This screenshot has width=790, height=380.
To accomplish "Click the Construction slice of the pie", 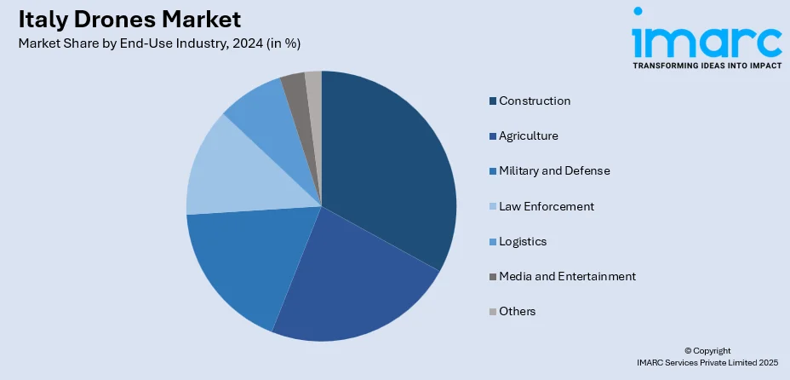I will click(387, 170).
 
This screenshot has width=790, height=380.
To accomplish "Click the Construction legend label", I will click(535, 101).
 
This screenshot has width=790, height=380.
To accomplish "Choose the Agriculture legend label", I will click(529, 135).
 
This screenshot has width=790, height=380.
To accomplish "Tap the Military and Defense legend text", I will click(554, 170).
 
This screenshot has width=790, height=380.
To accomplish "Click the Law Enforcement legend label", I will click(547, 206).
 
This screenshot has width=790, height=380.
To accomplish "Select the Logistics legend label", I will click(523, 241).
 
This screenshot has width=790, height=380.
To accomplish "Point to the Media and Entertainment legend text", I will click(567, 276).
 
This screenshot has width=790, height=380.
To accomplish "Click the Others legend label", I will click(518, 311).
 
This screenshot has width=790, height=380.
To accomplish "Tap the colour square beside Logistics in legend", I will click(492, 241).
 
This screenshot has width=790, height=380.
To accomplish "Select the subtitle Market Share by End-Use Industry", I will click(158, 43).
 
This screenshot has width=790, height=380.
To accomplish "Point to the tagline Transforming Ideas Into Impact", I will click(706, 64).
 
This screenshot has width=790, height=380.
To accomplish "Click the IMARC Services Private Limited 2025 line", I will click(707, 362).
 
